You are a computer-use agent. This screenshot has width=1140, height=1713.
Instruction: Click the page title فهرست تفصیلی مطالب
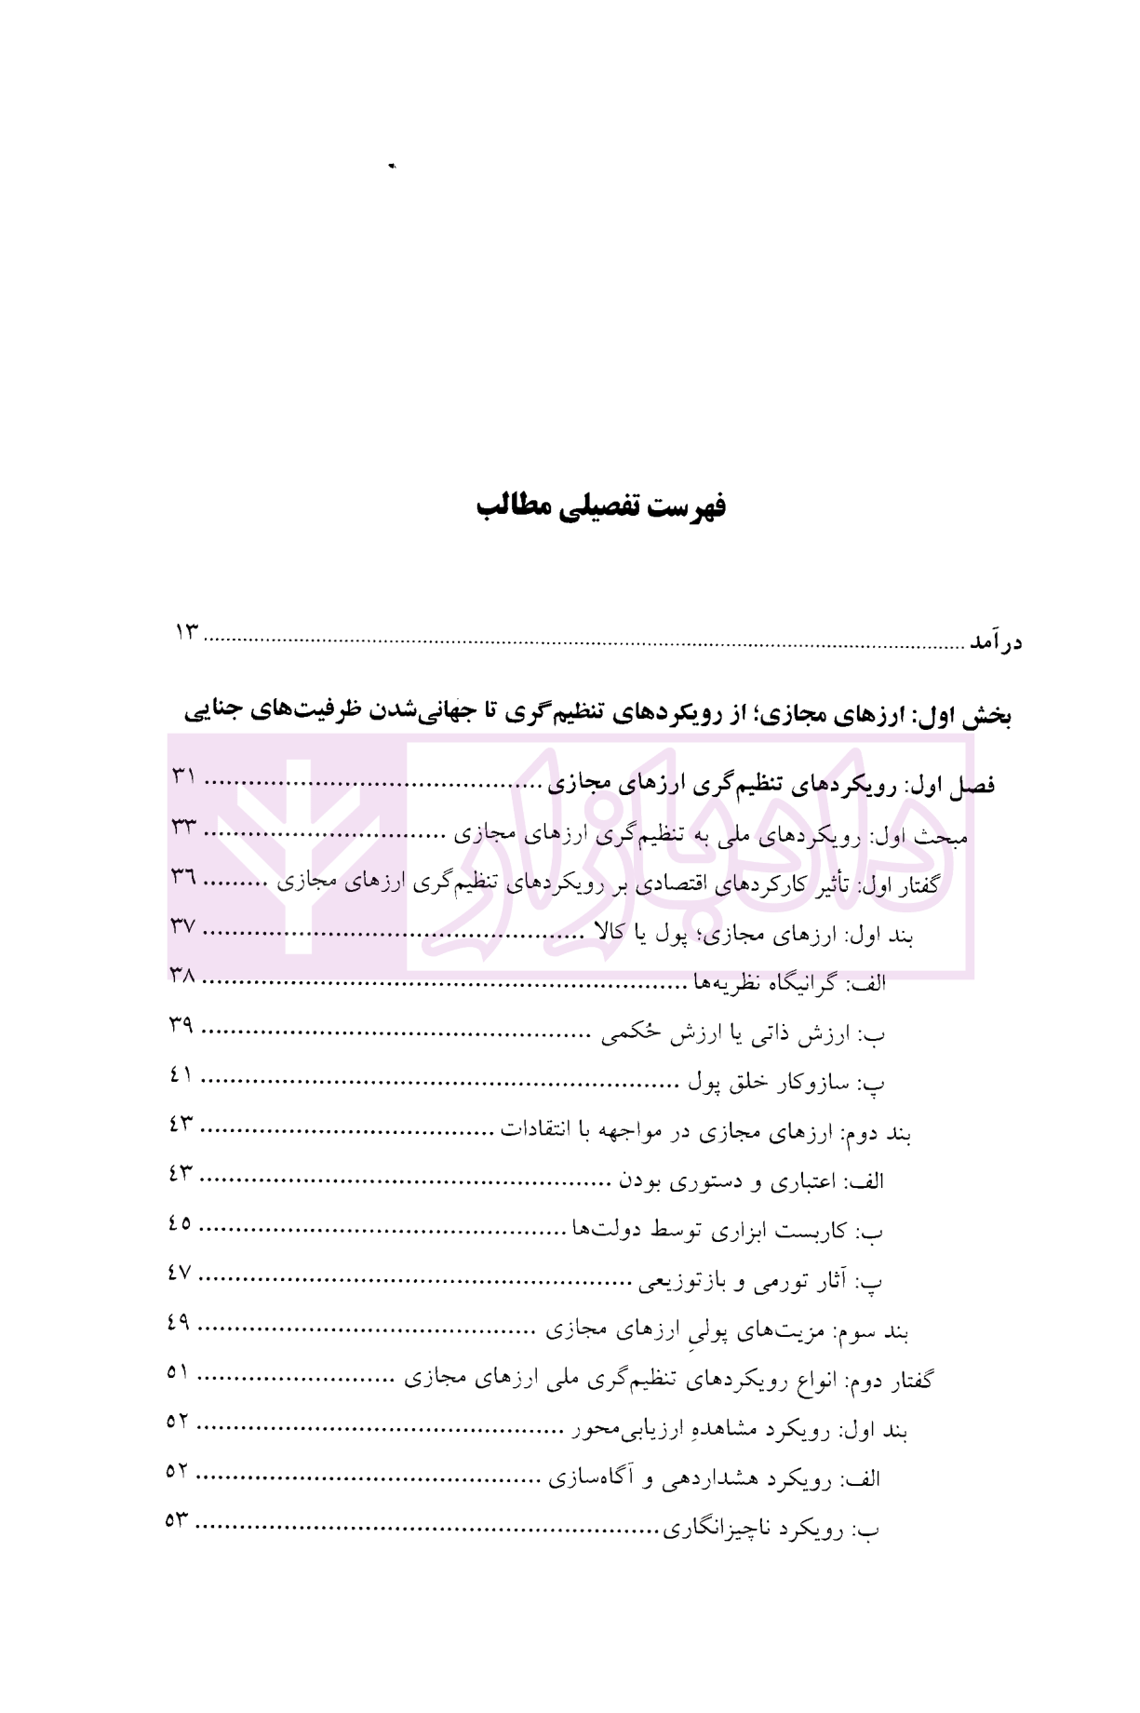point(600,507)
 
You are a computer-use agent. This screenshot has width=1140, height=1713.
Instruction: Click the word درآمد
point(995,643)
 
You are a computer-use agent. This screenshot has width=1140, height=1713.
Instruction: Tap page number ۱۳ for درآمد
point(187,632)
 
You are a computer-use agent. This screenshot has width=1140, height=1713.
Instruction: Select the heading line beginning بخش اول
point(597,714)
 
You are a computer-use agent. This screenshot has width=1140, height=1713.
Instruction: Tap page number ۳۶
point(183,876)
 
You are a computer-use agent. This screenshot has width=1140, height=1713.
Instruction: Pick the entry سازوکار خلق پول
point(786,1083)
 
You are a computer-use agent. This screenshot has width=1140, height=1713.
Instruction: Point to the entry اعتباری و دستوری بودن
point(752,1182)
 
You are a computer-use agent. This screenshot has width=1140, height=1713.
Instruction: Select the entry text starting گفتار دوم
point(668,1381)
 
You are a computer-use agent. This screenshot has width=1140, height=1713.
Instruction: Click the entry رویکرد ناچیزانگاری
point(771,1529)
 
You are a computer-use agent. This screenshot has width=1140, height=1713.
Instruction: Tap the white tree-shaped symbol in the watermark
point(297,852)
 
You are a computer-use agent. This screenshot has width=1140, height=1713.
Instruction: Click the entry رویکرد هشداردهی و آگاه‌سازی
point(714,1479)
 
